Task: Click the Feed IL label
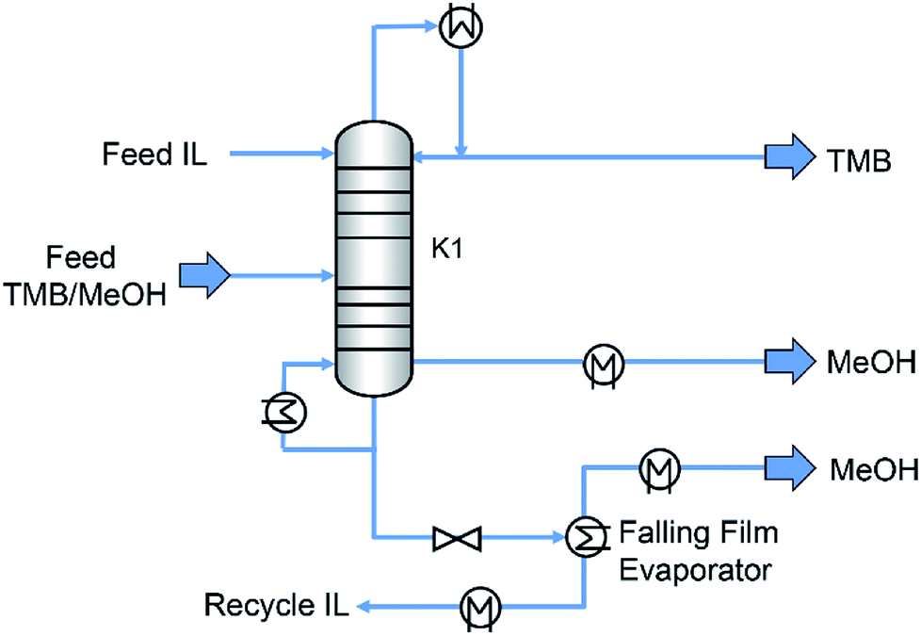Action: pyautogui.click(x=154, y=154)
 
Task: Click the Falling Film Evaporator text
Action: pyautogui.click(x=696, y=552)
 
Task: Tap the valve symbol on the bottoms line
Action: pyautogui.click(x=457, y=539)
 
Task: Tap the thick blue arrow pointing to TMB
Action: pyautogui.click(x=787, y=155)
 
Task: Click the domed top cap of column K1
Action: pyautogui.click(x=375, y=141)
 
